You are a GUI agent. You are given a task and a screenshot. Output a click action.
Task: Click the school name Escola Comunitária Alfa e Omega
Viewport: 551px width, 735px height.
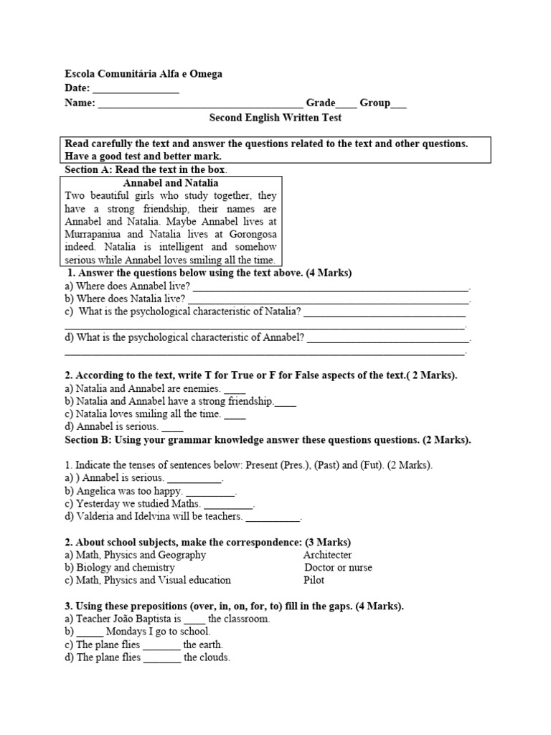pos(143,74)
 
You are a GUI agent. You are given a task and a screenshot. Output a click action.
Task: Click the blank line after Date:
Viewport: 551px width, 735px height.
pos(136,89)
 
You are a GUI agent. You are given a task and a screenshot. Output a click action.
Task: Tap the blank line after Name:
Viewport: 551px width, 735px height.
pos(200,103)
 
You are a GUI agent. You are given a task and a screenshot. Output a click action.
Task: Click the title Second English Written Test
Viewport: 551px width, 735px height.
pos(275,118)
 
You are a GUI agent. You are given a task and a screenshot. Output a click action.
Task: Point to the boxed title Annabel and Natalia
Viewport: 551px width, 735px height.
pos(171,183)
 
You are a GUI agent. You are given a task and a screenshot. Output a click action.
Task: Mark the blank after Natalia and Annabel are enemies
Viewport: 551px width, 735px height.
pos(235,388)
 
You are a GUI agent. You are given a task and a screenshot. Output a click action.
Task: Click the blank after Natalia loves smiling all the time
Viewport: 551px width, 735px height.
pos(235,415)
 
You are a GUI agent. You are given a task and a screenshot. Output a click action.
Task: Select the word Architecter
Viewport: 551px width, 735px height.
pos(327,555)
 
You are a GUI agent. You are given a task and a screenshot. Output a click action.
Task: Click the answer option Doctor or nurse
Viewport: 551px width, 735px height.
pos(339,568)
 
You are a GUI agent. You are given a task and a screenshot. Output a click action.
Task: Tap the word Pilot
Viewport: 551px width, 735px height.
pos(314,580)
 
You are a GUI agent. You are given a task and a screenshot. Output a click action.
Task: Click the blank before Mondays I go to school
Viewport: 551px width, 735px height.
pos(90,632)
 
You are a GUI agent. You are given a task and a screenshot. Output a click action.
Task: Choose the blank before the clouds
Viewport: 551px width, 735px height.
pos(162,657)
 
